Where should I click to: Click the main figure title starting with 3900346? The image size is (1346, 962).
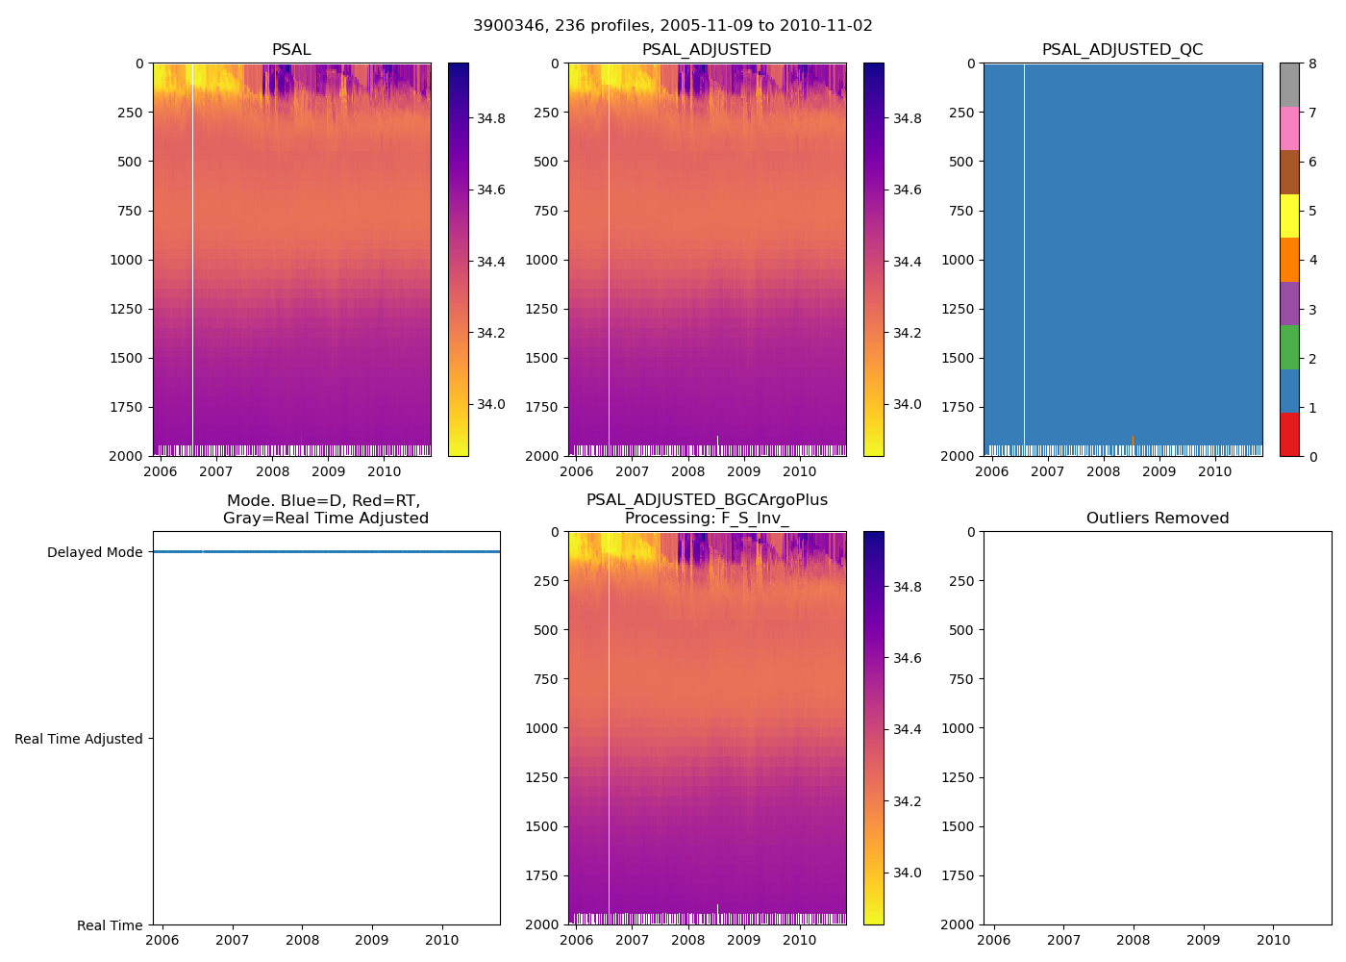pos(673,26)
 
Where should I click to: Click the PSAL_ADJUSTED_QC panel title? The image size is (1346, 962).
pos(1122,50)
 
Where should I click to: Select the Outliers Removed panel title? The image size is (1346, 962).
pos(1158,519)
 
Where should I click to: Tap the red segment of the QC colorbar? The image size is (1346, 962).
pos(1289,435)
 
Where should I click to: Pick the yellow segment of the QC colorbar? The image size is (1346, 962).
pos(1289,215)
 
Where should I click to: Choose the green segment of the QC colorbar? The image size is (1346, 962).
pos(1289,347)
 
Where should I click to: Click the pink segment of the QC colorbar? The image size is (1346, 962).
pos(1289,128)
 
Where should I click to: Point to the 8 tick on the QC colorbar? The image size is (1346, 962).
pos(1312,64)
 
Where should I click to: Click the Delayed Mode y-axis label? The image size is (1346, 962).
pos(94,553)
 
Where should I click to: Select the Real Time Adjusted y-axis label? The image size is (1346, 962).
pos(79,740)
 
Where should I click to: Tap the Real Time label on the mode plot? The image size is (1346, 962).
pos(110,926)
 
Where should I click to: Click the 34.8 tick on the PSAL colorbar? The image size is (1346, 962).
pos(491,118)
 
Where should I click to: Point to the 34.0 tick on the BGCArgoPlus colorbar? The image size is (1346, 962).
pos(907,873)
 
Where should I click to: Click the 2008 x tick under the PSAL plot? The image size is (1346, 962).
pos(272,472)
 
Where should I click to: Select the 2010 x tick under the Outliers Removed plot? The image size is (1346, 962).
pos(1274,941)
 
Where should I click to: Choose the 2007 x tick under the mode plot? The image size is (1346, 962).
pos(233,941)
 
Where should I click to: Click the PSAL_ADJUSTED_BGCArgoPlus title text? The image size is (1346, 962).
pos(707,500)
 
